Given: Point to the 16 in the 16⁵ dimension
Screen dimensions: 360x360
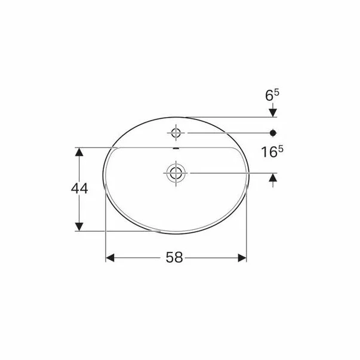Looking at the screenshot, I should tap(267, 152).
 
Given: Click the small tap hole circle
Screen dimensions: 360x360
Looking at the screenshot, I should tap(177, 131).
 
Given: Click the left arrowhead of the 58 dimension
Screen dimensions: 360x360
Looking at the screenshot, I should tap(110, 257).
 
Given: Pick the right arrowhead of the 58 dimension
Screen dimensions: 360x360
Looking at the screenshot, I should tap(242, 257).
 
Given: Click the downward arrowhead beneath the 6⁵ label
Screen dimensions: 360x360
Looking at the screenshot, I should tap(273, 111).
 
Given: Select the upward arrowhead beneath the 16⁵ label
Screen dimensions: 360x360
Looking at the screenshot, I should tap(273, 178).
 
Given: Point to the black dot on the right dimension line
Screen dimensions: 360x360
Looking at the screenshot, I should tap(273, 131).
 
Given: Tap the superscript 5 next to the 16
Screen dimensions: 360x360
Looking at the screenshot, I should tap(280, 149).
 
